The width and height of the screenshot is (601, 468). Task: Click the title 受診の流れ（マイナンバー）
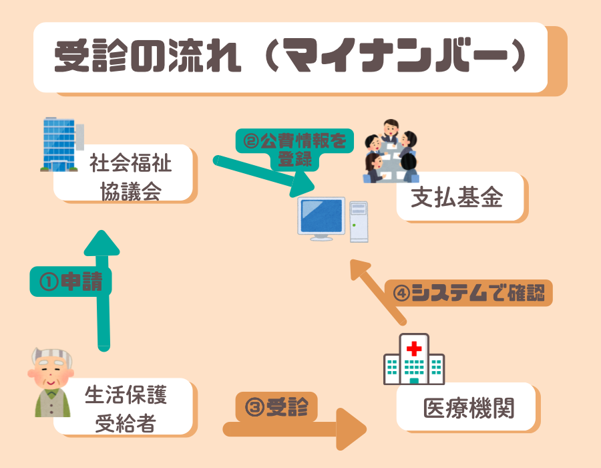click(290, 57)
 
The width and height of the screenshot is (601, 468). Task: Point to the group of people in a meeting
click(391, 151)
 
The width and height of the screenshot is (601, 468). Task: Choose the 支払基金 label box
click(460, 197)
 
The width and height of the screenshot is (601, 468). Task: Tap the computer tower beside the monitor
click(358, 220)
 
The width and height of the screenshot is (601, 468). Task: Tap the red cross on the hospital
click(414, 348)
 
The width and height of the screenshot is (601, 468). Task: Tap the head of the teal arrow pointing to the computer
click(303, 183)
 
